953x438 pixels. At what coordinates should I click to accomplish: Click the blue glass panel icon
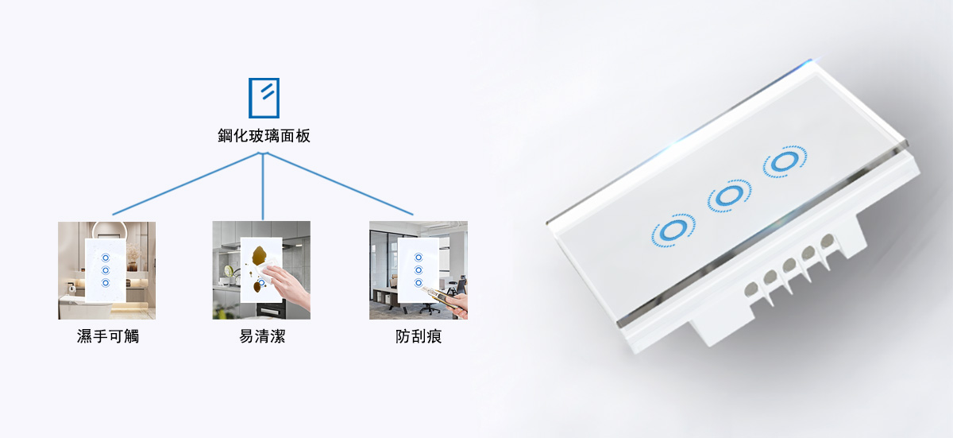264,98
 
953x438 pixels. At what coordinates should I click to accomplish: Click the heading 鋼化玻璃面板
264,136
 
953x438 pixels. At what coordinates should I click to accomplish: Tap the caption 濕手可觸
108,336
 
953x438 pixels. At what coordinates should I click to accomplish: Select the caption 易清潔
262,336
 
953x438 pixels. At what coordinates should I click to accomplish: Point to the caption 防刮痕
419,336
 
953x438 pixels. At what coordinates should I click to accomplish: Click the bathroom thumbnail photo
106,270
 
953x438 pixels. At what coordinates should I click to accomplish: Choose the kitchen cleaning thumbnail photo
261,269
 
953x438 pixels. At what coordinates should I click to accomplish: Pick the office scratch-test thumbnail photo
419,269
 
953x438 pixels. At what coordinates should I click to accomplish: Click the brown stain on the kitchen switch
260,255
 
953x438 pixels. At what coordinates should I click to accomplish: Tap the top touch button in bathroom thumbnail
106,258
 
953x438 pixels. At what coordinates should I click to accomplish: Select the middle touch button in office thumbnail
419,269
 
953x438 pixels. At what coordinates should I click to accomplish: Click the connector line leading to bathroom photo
187,184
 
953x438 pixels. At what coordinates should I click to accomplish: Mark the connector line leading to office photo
339,184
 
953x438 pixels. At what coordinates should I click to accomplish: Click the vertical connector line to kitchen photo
263,187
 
